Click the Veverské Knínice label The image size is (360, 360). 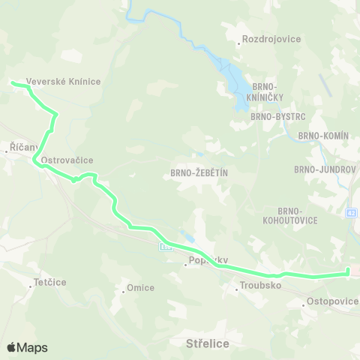(63, 81)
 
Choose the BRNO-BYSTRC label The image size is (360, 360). (275, 117)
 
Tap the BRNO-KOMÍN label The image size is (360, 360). (324, 135)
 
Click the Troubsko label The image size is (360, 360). (259, 285)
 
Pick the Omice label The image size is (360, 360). (140, 288)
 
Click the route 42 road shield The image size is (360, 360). (352, 214)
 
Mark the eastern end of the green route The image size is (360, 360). (349, 272)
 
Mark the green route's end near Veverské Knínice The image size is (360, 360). (12, 82)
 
